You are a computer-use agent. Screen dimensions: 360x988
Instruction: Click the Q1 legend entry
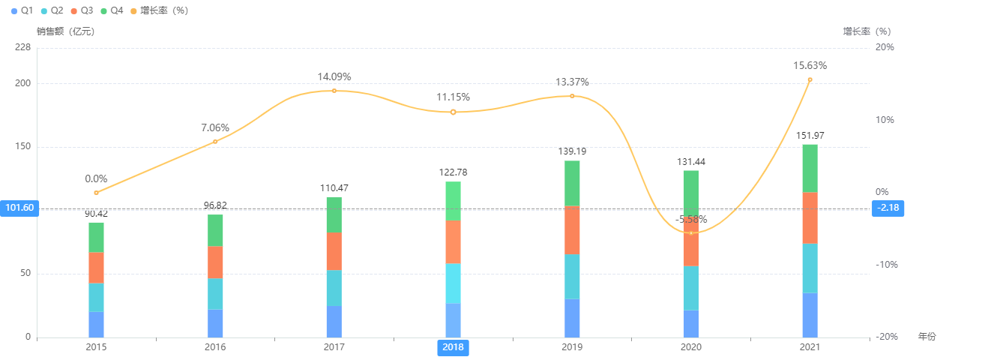(x=22, y=10)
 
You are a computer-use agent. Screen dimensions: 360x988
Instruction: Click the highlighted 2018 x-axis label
(x=453, y=347)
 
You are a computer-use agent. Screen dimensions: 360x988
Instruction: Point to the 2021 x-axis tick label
(x=810, y=347)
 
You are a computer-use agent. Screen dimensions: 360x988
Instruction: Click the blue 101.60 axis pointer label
(x=19, y=208)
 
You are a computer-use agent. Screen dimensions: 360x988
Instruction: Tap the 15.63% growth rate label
(x=810, y=66)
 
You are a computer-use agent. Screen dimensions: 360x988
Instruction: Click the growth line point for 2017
(x=334, y=91)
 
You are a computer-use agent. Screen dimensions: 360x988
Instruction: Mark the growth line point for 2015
(x=96, y=193)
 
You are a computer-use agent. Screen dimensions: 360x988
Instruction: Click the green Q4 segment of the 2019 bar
(x=572, y=183)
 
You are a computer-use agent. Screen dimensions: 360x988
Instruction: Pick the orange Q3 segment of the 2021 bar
(x=810, y=217)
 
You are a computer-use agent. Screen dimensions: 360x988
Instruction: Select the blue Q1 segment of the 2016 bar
(x=215, y=323)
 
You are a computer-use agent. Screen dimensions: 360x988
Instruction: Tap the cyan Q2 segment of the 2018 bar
(x=453, y=283)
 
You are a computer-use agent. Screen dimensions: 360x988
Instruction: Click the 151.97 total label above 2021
(x=810, y=136)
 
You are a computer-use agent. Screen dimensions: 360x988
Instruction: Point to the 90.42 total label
(x=96, y=214)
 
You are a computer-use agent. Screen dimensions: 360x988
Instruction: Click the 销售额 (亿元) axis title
(x=66, y=31)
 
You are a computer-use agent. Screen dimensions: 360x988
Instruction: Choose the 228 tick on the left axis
(x=23, y=47)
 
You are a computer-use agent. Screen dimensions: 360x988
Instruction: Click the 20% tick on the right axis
(x=884, y=47)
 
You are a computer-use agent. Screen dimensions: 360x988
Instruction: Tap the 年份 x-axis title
(x=927, y=337)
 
